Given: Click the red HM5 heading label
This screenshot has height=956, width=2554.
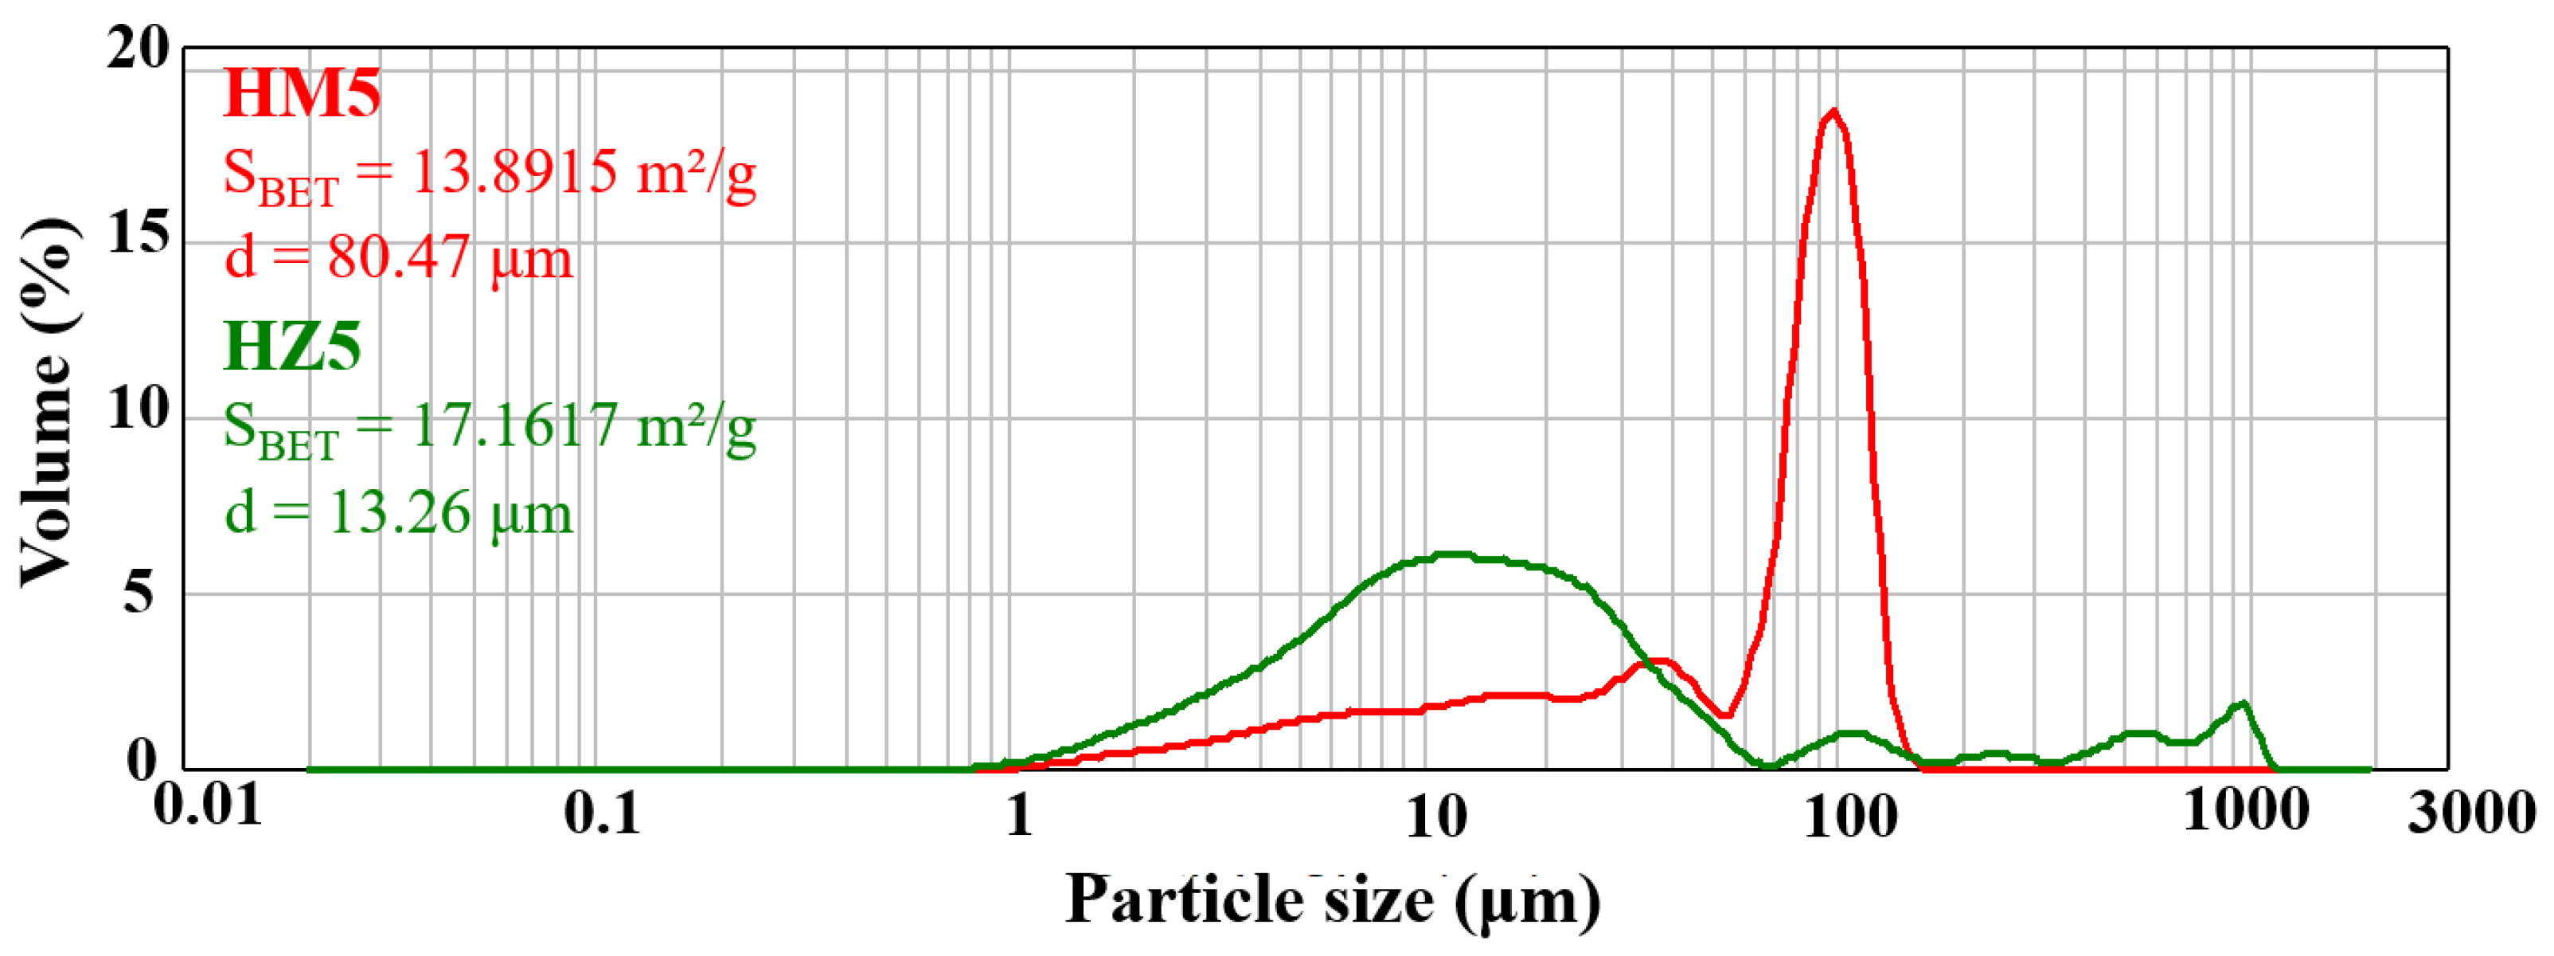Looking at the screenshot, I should pyautogui.click(x=302, y=93).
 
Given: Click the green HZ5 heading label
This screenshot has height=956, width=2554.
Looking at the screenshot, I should pyautogui.click(x=292, y=347).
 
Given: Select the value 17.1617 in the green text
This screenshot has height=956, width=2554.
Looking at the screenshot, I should pyautogui.click(x=514, y=425).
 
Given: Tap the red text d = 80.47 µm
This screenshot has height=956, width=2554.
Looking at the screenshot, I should pyautogui.click(x=399, y=258).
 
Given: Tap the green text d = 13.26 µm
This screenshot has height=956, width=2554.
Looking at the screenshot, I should pyautogui.click(x=399, y=513).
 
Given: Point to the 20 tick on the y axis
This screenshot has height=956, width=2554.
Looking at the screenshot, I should pyautogui.click(x=138, y=47).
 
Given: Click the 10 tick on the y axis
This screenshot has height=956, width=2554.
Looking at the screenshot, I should pyautogui.click(x=138, y=408).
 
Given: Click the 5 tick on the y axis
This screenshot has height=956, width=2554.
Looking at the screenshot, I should pyautogui.click(x=138, y=593).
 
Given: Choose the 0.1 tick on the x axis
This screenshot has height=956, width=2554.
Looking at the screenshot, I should pyautogui.click(x=602, y=813).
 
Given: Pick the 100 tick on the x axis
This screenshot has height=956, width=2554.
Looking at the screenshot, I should pyautogui.click(x=1850, y=818).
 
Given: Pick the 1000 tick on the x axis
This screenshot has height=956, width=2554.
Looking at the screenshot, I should pyautogui.click(x=2246, y=811).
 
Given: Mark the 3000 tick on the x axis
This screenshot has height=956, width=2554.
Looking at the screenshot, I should pyautogui.click(x=2470, y=813).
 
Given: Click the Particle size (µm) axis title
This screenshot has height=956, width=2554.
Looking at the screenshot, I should pyautogui.click(x=1331, y=900).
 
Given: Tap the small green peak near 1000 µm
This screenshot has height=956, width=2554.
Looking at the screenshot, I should pyautogui.click(x=2242, y=703).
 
